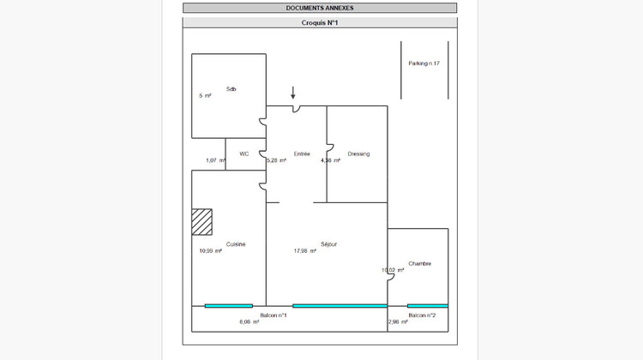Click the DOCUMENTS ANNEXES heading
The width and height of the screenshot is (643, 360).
pyautogui.click(x=320, y=8)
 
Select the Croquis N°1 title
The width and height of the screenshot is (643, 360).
pyautogui.click(x=320, y=23)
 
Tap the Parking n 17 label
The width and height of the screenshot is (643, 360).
pyautogui.click(x=424, y=63)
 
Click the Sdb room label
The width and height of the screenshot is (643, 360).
pyautogui.click(x=231, y=89)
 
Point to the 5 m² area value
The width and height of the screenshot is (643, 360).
pyautogui.click(x=205, y=96)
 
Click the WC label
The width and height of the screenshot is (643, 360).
pyautogui.click(x=244, y=154)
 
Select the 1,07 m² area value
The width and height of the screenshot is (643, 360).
pyautogui.click(x=215, y=160)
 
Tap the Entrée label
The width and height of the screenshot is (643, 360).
pyautogui.click(x=302, y=154)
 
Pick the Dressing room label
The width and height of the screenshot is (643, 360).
pyautogui.click(x=358, y=154)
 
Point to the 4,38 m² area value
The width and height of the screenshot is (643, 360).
pyautogui.click(x=332, y=160)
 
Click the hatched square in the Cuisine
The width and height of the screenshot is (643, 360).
pyautogui.click(x=201, y=221)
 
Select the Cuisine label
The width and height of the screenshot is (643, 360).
pyautogui.click(x=236, y=244)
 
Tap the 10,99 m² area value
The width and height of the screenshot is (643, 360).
pyautogui.click(x=211, y=251)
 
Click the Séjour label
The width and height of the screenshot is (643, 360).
pyautogui.click(x=328, y=244)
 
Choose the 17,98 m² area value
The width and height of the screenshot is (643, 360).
pyautogui.click(x=305, y=251)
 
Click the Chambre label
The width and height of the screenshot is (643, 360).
pyautogui.click(x=420, y=263)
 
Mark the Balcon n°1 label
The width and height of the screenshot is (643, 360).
pyautogui.click(x=273, y=315)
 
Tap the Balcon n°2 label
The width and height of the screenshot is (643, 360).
pyautogui.click(x=423, y=315)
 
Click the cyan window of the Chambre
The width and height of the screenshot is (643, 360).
pyautogui.click(x=427, y=306)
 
